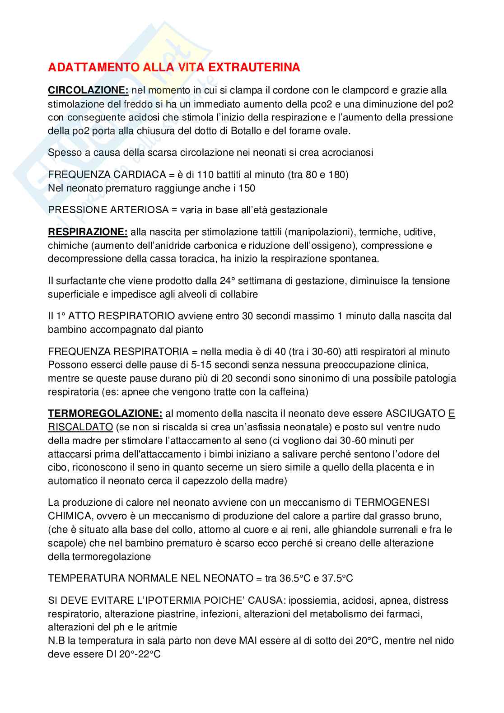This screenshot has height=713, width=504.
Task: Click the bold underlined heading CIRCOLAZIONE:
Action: pos(89,90)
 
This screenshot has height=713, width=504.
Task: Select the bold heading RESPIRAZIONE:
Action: pos(88,232)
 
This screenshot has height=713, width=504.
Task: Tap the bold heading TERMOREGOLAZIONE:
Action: pos(105,413)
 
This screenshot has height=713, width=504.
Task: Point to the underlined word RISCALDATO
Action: pos(80,427)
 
